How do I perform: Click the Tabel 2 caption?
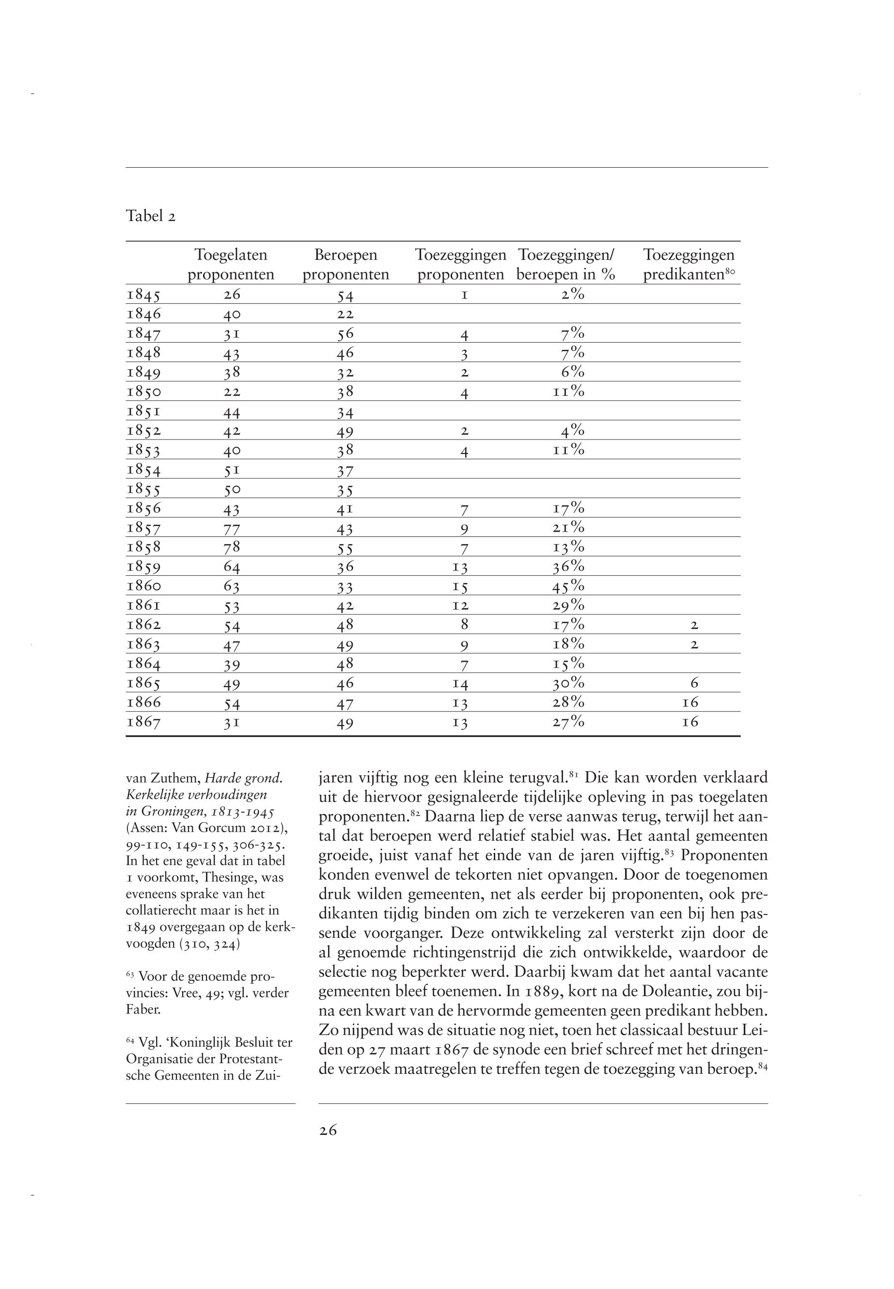click(151, 216)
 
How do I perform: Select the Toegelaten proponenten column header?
click(231, 265)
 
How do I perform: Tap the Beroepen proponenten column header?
click(345, 265)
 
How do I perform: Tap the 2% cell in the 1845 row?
click(572, 295)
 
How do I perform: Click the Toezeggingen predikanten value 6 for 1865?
click(694, 683)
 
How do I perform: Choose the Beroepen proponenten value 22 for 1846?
click(345, 315)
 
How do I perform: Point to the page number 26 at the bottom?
click(328, 1131)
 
